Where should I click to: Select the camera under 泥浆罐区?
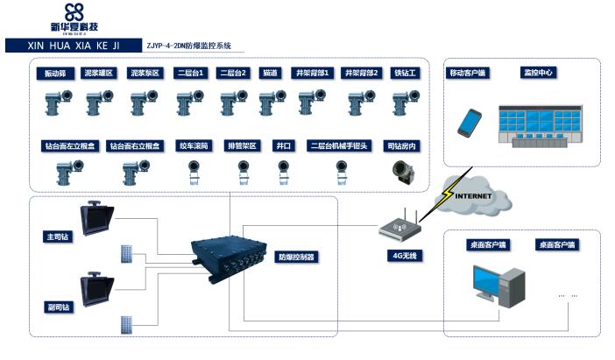98,104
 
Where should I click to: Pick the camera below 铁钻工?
406,104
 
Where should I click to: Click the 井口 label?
282,145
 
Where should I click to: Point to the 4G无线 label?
404,256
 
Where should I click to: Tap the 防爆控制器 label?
296,258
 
